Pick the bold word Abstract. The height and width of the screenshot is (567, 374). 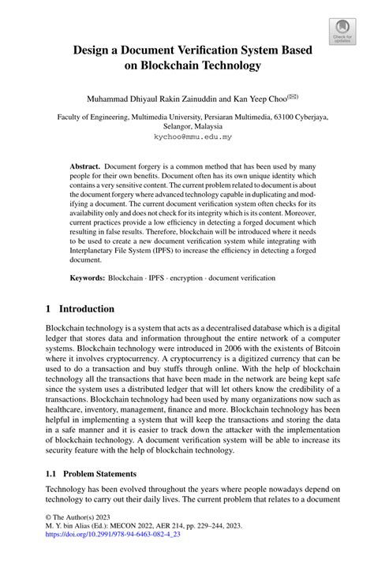84,168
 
